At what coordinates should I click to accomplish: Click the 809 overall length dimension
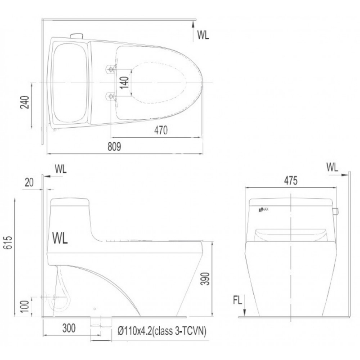point(114,147)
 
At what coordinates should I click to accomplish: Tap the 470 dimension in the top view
point(161,130)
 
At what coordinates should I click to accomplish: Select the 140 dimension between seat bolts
point(124,83)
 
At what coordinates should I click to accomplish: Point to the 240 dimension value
point(25,102)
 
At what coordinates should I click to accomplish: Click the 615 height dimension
point(8,243)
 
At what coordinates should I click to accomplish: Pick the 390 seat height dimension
point(205,279)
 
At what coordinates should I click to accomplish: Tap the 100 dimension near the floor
point(25,306)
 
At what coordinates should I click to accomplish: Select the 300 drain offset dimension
point(69,328)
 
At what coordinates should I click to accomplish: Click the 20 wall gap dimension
point(29,183)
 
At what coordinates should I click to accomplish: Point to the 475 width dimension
point(291,181)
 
